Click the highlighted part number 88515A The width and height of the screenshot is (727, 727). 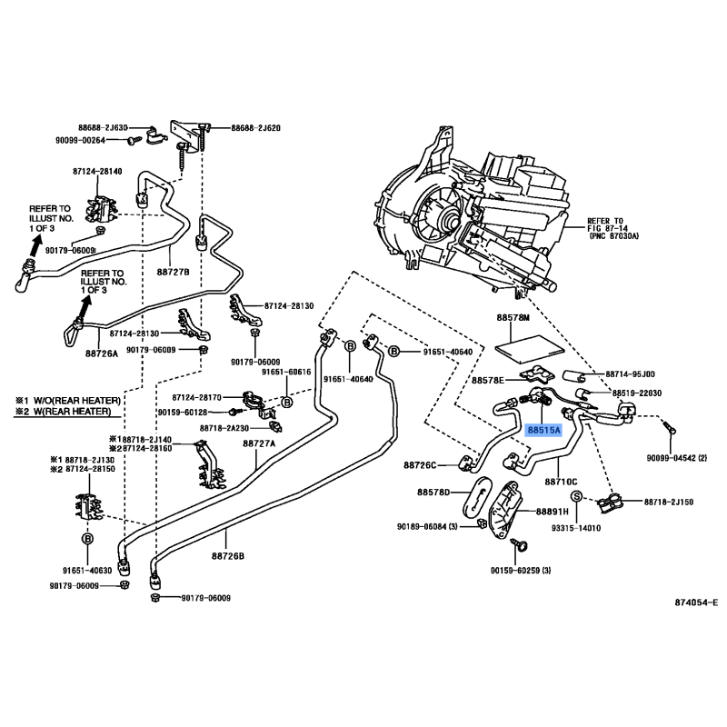pyautogui.click(x=543, y=431)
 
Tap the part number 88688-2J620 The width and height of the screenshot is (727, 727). pyautogui.click(x=254, y=128)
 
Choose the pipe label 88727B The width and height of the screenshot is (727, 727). pyautogui.click(x=172, y=271)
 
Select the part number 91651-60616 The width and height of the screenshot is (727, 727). pyautogui.click(x=286, y=372)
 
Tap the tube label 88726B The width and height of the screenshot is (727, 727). pyautogui.click(x=227, y=554)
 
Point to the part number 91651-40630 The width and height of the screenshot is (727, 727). pyautogui.click(x=87, y=570)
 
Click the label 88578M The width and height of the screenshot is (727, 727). pyautogui.click(x=513, y=319)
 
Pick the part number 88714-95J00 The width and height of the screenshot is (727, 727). pyautogui.click(x=631, y=373)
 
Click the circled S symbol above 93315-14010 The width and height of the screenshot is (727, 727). pyautogui.click(x=575, y=496)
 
